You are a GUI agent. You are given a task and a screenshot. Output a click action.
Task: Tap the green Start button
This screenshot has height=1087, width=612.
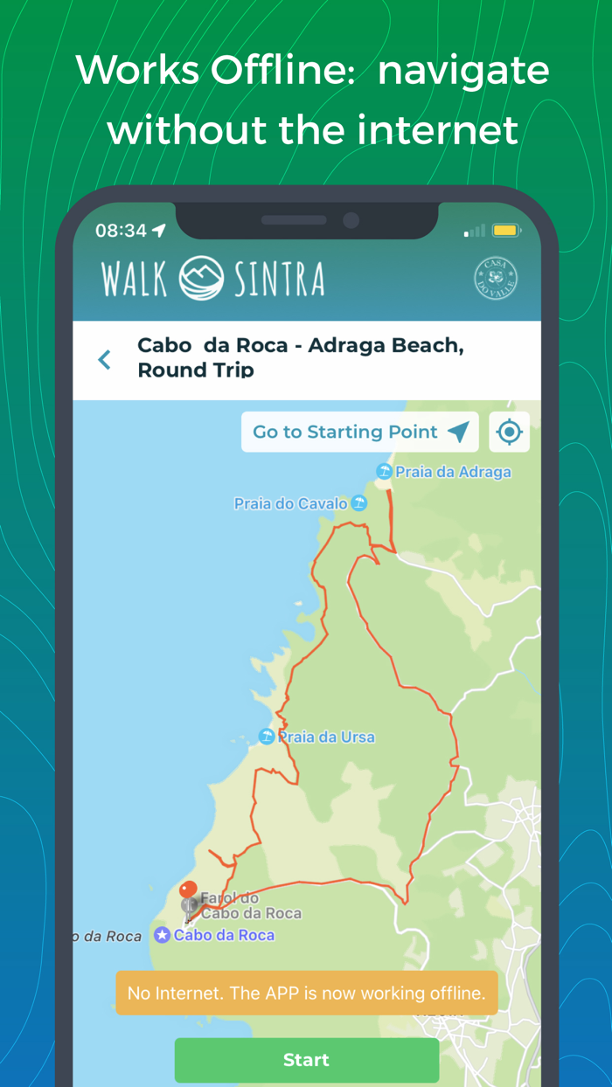click(x=306, y=1060)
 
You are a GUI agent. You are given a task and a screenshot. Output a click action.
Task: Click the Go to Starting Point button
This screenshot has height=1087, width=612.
click(x=359, y=432)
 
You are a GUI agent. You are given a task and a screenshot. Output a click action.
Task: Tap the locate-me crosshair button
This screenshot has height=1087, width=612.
click(x=509, y=432)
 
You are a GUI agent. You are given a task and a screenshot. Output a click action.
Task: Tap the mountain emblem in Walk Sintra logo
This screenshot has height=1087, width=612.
click(x=202, y=278)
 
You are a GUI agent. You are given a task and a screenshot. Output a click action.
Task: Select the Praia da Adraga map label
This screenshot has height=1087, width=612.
click(x=453, y=472)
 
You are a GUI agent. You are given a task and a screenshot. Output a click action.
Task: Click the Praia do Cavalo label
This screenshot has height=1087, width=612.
click(x=290, y=504)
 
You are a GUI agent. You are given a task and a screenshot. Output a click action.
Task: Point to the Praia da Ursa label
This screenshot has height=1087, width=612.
click(x=326, y=737)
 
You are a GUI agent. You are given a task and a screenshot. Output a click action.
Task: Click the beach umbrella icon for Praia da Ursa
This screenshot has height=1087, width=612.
click(x=267, y=737)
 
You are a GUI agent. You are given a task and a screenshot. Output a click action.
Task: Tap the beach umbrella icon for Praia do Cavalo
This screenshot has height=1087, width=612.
click(x=358, y=503)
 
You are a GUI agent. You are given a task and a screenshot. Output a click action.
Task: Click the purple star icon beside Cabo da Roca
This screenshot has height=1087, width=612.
click(x=162, y=935)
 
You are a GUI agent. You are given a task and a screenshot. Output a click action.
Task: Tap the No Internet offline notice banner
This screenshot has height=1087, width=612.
click(x=306, y=993)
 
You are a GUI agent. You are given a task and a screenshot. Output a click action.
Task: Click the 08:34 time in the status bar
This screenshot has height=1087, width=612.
click(x=121, y=231)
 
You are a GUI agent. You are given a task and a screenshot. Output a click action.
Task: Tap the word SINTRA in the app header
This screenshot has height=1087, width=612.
click(x=279, y=279)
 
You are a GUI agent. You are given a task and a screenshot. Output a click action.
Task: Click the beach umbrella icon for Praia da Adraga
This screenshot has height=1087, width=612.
click(x=384, y=472)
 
